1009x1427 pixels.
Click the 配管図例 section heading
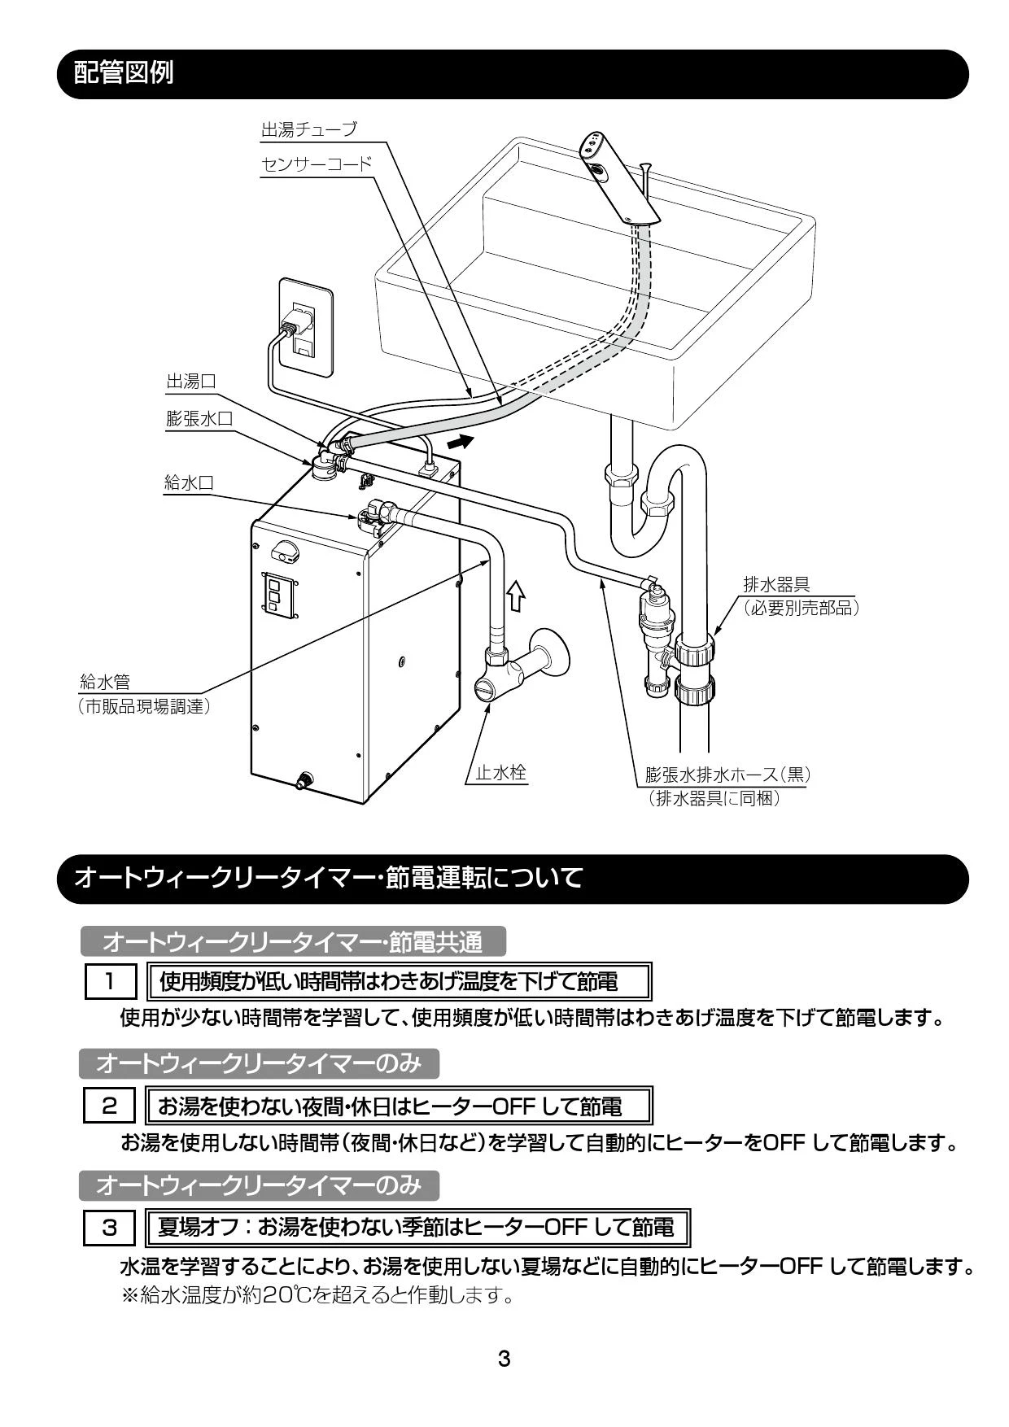124,73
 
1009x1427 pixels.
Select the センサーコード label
316,164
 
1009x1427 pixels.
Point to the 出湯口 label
191,382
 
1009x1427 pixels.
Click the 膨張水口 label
199,418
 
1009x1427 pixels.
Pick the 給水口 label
190,482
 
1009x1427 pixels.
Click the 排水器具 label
776,585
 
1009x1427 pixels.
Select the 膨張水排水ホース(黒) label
727,774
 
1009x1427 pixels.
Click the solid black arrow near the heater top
460,442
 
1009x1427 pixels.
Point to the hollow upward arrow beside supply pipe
516,596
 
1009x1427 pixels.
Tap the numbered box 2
109,1106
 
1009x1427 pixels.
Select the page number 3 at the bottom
504,1358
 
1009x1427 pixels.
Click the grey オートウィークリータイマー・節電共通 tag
293,942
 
